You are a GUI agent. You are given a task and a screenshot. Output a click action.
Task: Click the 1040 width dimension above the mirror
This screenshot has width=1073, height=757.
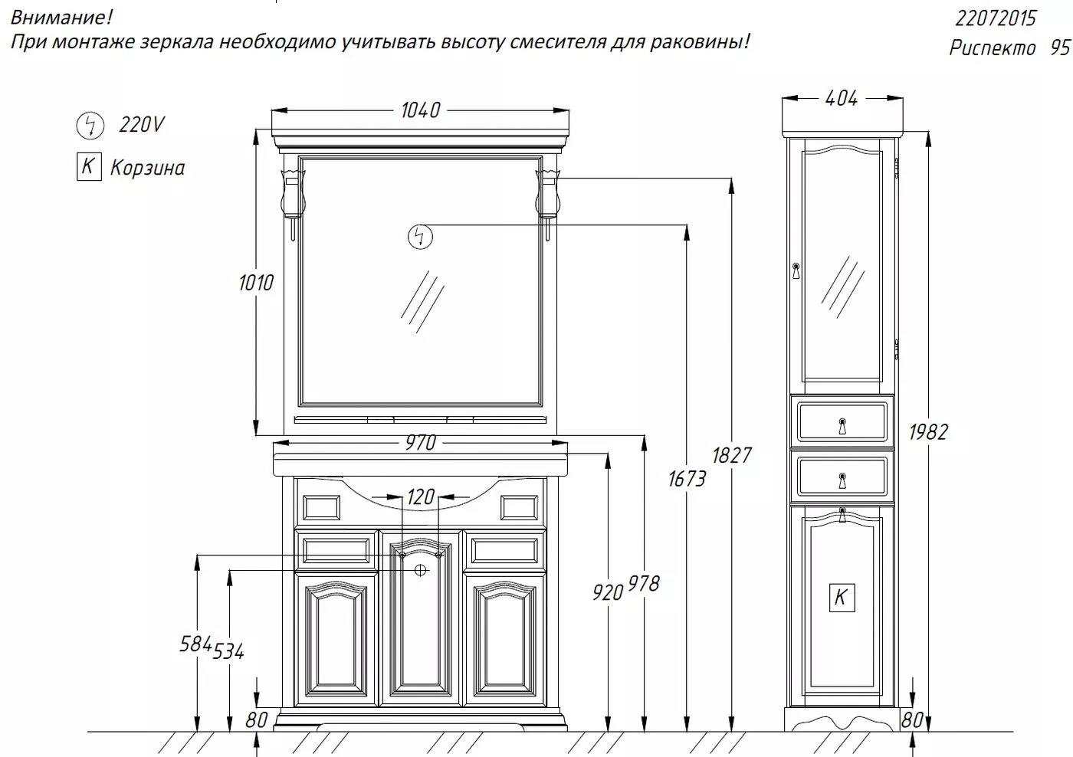(x=420, y=110)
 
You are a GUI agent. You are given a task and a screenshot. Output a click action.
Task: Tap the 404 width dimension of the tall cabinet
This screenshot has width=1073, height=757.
(x=842, y=98)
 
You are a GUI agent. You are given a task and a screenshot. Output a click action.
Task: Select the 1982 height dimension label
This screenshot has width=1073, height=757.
(x=928, y=432)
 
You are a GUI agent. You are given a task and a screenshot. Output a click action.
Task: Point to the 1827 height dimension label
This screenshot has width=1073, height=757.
(x=732, y=455)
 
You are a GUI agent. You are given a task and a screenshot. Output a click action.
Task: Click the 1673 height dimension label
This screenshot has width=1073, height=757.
(x=687, y=478)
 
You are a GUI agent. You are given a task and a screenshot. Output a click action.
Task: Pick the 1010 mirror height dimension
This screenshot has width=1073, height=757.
(x=256, y=283)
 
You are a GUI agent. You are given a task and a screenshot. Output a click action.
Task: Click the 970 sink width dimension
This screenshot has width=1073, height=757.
(x=421, y=442)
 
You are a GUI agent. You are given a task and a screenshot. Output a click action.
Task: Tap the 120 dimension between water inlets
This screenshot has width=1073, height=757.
(x=421, y=496)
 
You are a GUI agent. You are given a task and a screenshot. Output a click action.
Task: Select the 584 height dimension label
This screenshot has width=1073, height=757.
(x=195, y=644)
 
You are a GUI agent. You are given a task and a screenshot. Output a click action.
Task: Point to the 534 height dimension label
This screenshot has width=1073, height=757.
(x=228, y=651)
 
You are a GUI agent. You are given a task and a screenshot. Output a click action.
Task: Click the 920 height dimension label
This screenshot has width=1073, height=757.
(x=607, y=593)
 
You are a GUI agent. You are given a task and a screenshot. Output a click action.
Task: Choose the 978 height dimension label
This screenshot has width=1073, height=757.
(x=644, y=584)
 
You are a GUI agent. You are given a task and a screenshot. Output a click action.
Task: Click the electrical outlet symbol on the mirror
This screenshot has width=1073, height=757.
(x=420, y=237)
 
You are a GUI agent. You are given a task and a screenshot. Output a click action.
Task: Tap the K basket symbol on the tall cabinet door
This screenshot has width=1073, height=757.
(x=842, y=598)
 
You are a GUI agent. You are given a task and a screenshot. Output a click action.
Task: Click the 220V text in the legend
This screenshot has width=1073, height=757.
(x=142, y=124)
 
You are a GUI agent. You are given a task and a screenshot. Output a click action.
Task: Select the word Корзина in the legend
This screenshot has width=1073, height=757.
(x=147, y=168)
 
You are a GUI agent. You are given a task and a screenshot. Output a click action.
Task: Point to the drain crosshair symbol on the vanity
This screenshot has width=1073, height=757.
(x=420, y=570)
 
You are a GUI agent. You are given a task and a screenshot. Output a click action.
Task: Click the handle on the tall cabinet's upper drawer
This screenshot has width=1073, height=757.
(x=842, y=426)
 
